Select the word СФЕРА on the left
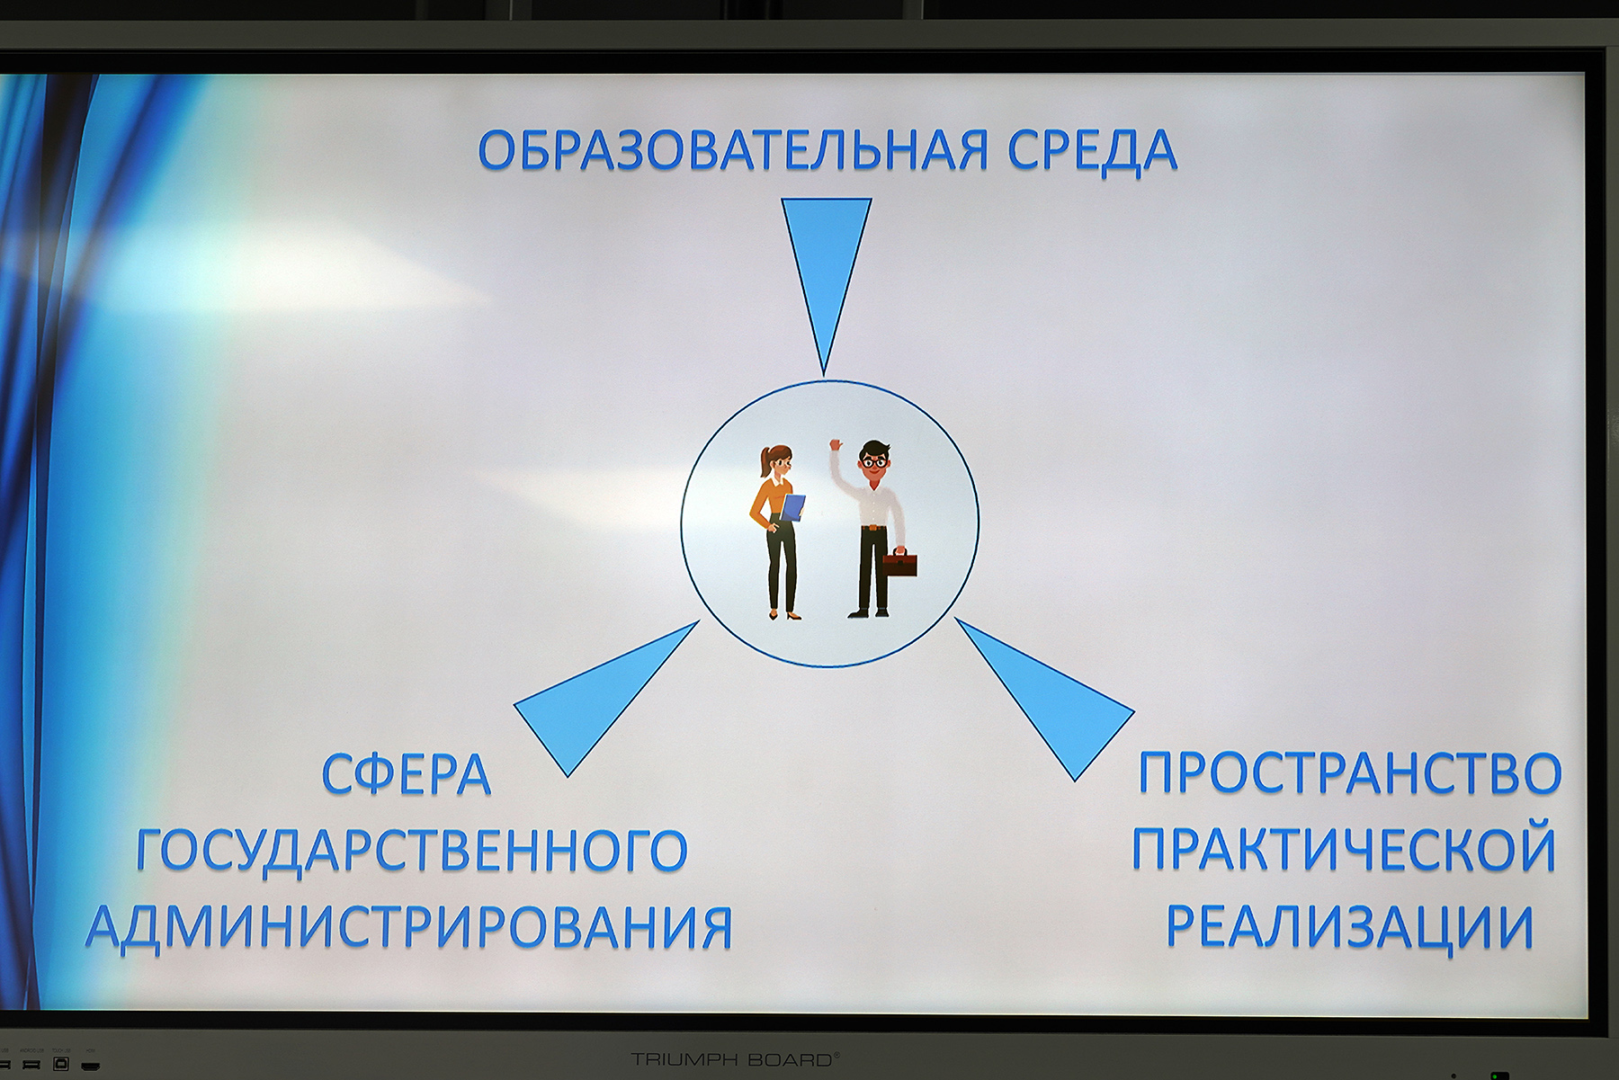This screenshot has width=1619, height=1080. click(x=407, y=774)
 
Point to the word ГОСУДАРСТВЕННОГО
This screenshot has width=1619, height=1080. click(x=412, y=851)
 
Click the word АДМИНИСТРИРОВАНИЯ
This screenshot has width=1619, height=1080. click(x=409, y=927)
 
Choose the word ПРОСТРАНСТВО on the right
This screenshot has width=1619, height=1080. click(x=1350, y=772)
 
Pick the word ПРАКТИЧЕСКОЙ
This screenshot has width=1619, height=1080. click(x=1344, y=849)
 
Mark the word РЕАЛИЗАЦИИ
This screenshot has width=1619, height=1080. click(x=1350, y=927)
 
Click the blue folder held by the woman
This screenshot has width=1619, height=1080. click(x=792, y=508)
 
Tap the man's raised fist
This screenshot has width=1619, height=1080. click(x=836, y=445)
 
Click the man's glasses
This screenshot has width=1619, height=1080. click(x=873, y=461)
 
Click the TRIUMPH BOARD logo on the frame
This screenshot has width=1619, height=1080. click(x=735, y=1059)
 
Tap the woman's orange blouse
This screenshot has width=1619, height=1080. click(x=771, y=504)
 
